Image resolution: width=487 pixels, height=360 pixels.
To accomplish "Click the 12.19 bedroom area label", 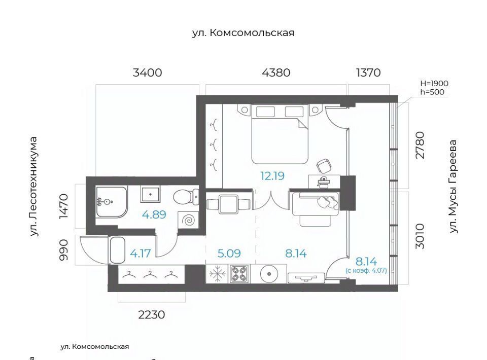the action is coord(272,176).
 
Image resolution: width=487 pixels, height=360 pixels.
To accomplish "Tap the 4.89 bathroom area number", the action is coord(154,214).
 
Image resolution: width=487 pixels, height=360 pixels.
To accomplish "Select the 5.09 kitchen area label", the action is coord(229,253).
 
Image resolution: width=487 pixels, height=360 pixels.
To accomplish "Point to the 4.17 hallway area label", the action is coord(141,253).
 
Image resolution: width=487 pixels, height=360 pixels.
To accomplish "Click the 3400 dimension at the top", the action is coord(147,73).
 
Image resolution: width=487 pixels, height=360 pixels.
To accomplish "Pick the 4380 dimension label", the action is coord(276,73).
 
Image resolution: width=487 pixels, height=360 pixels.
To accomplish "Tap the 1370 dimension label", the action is coord(368,73).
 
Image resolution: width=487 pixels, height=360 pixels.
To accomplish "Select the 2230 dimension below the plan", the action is coord(152,315).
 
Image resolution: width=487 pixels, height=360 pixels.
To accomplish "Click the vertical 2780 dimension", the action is coord(420,145).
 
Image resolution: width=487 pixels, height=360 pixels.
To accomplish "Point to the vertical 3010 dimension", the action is coord(420,236).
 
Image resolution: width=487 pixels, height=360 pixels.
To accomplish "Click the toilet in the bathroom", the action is coord(186,197).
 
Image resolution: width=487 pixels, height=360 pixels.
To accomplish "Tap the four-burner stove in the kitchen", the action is coord(239,274).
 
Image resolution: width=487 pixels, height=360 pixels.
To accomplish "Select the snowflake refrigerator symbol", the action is coord(217,274).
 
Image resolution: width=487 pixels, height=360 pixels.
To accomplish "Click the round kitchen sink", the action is coord(269,274).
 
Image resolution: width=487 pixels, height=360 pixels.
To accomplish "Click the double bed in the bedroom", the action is coord(280,134).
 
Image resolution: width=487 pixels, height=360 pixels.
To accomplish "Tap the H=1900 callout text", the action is coord(434,84).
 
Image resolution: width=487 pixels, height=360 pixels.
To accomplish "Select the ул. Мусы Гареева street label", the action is coord(453,186).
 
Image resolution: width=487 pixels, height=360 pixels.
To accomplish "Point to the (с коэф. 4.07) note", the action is coord(366,270).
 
